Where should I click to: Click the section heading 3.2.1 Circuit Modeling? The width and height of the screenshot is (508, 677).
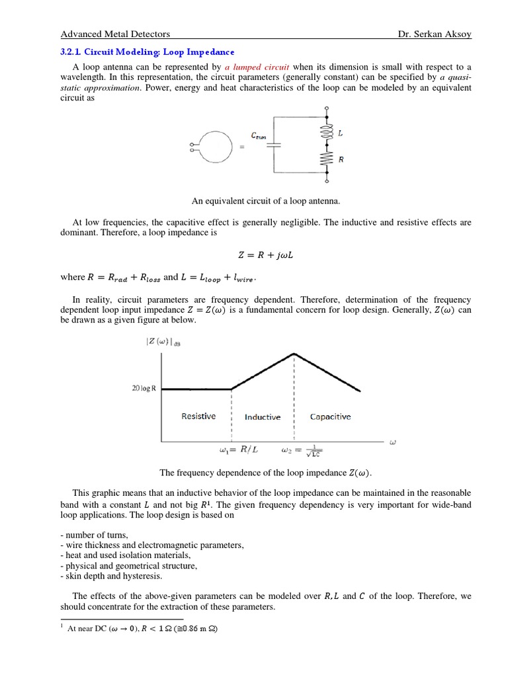(148, 52)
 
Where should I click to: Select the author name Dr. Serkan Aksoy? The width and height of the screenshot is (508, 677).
(433, 34)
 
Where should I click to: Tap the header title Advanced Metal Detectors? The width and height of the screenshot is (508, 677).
(115, 34)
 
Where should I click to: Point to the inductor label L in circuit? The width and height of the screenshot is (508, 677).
(341, 133)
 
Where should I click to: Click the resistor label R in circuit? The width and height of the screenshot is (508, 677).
(341, 159)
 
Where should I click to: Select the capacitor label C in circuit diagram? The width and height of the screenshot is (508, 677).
(258, 135)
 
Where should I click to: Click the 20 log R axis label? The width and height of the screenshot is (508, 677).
(144, 389)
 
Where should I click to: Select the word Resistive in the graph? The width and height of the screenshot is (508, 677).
(198, 417)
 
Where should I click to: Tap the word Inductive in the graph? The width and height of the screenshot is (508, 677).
(263, 417)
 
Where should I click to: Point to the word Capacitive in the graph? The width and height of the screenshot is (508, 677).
(330, 417)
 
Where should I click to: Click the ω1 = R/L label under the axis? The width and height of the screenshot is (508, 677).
(238, 450)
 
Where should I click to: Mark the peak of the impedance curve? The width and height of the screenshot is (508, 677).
(294, 354)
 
